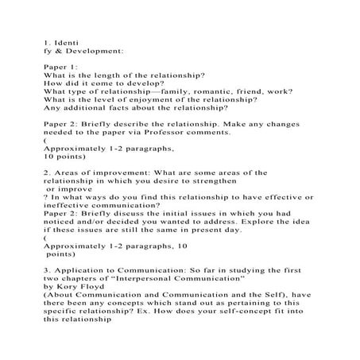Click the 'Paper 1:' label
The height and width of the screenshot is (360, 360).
61,66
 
